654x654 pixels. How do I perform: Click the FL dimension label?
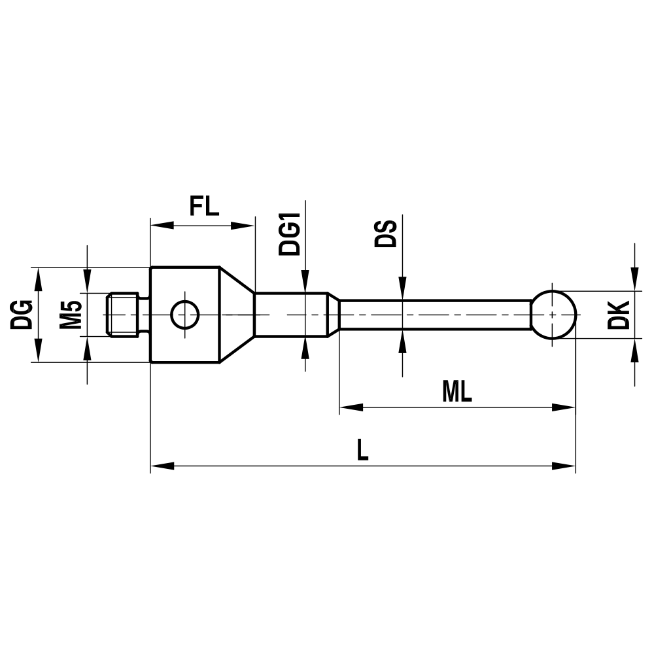tap(203, 206)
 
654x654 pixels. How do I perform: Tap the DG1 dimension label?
tap(290, 233)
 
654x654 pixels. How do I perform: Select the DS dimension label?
tap(386, 233)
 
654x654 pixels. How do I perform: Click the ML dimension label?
tap(456, 392)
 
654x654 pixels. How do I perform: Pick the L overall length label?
tap(362, 450)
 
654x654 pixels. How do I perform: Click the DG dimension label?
tap(22, 315)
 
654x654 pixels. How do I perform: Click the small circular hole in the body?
tap(184, 315)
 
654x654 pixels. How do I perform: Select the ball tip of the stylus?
tap(553, 315)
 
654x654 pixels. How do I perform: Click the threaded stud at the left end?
tap(124, 315)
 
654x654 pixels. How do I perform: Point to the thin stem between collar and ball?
tap(435, 315)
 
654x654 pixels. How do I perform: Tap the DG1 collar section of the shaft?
tap(291, 315)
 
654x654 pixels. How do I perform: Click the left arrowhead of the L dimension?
tap(161, 466)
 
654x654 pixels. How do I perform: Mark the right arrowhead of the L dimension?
tap(565, 466)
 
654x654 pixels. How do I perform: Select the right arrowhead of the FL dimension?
tap(243, 226)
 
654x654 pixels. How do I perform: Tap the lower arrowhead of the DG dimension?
tap(38, 352)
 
